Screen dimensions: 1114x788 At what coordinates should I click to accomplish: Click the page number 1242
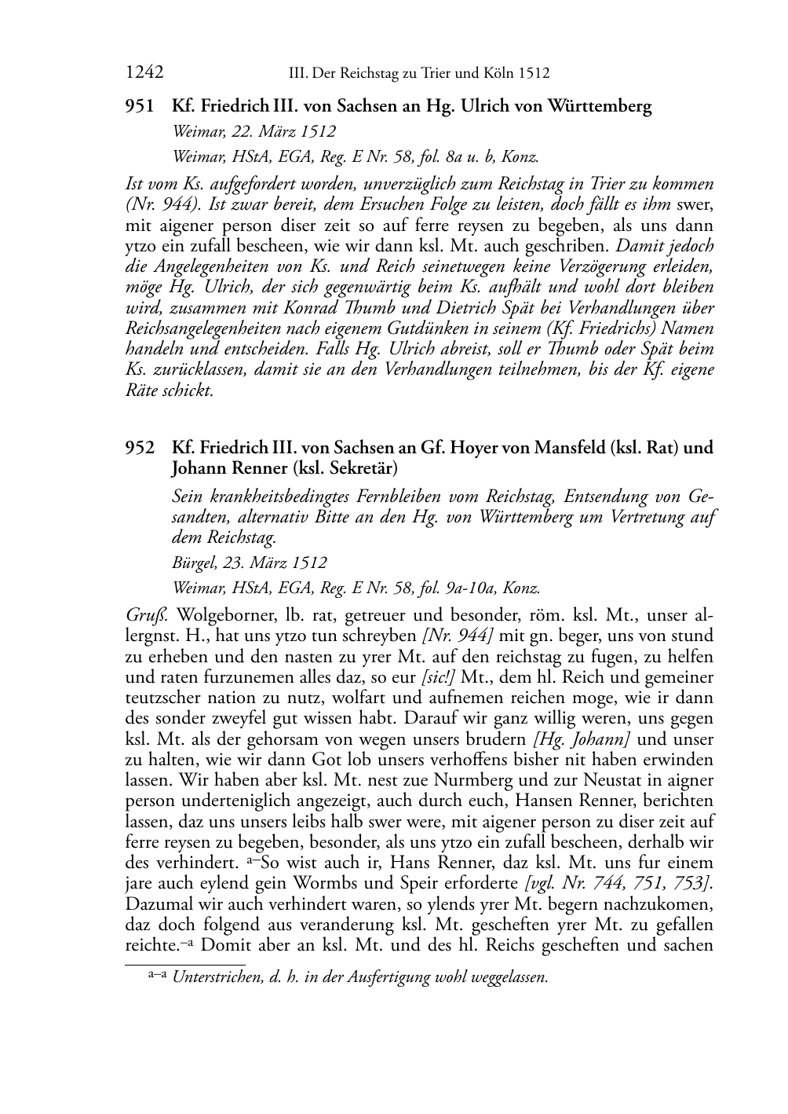tap(144, 73)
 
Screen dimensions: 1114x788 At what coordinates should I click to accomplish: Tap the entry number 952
tap(140, 448)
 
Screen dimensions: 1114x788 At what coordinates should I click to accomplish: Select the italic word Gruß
tap(142, 614)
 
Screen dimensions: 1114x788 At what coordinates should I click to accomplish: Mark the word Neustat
tap(600, 780)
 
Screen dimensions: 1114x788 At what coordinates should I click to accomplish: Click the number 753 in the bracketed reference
tap(691, 883)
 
